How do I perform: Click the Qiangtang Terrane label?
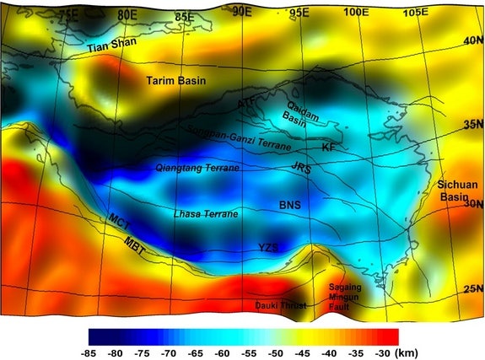197,169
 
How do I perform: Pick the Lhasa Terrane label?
205,214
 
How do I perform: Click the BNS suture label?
289,205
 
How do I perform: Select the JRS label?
300,169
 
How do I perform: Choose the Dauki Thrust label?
281,304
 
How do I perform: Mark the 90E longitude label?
243,10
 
